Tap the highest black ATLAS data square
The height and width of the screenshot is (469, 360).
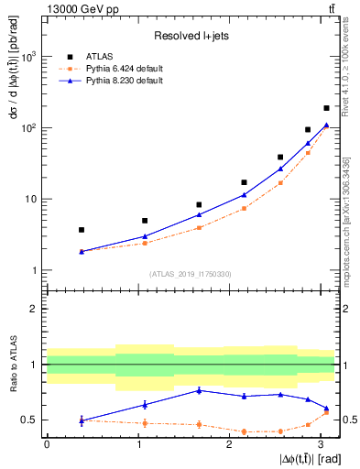point(326,108)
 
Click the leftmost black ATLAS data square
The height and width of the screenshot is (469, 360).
point(82,230)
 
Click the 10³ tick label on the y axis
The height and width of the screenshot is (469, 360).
point(29,57)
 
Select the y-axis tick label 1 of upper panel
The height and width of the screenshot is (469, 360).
point(33,270)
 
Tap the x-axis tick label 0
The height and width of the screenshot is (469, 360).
point(46,443)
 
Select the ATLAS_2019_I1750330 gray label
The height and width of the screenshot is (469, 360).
point(191,274)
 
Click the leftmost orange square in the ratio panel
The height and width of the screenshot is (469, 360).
point(82,420)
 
